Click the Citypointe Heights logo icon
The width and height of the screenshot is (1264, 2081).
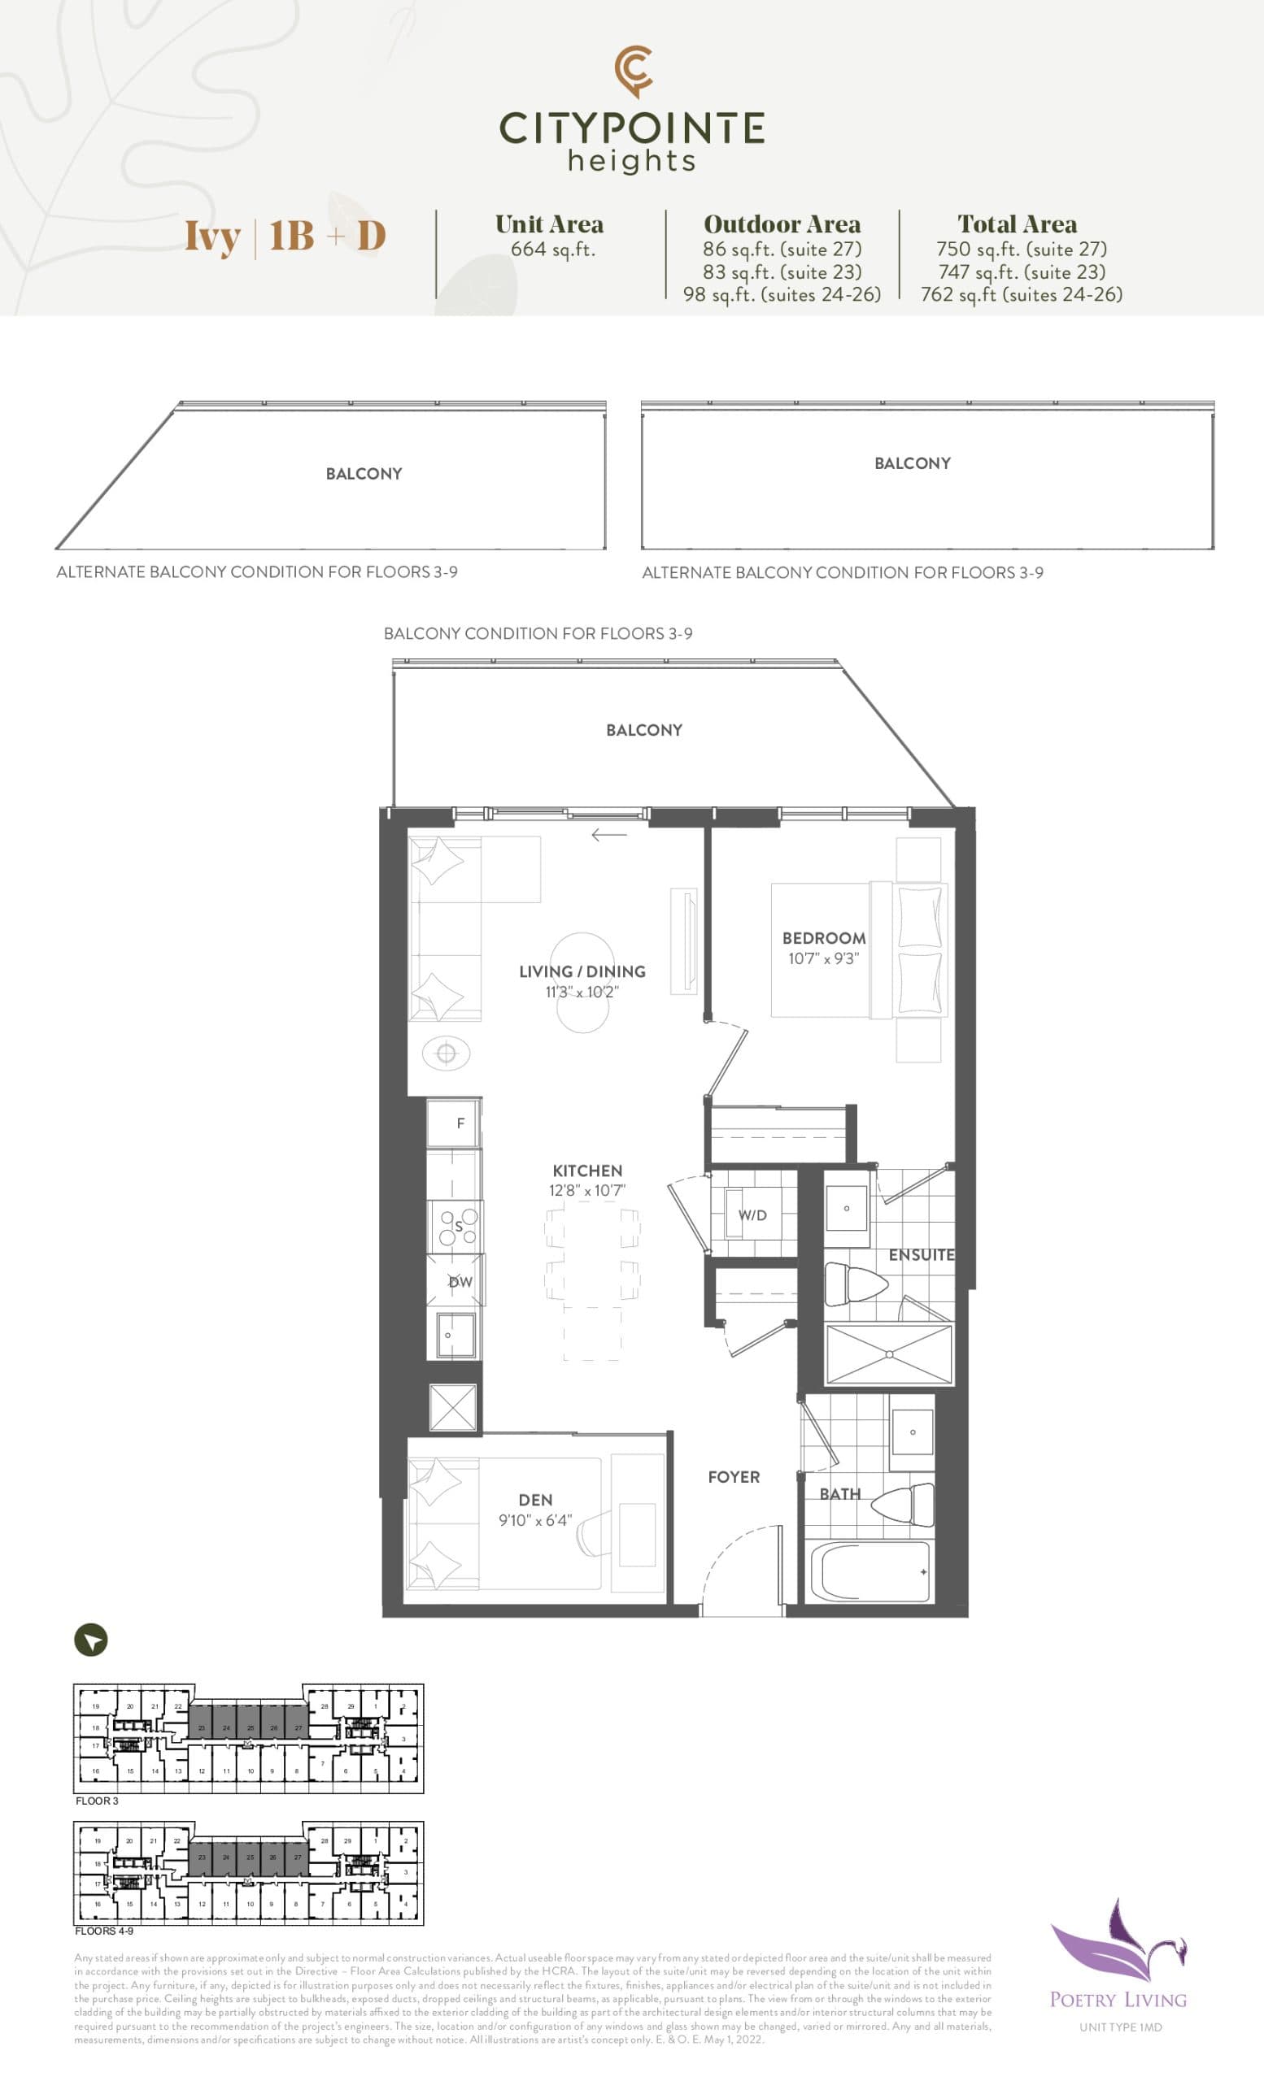[x=633, y=71]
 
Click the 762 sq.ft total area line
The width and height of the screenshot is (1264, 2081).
[x=1021, y=295]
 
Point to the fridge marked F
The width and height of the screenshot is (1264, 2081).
[x=455, y=1123]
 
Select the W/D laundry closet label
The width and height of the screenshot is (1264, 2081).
[x=752, y=1215]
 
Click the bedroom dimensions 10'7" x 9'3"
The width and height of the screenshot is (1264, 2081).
[x=823, y=958]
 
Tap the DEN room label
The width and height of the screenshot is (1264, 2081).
[x=536, y=1500]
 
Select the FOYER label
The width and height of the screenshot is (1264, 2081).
[x=734, y=1477]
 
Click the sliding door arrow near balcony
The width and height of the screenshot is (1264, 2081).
[x=609, y=836]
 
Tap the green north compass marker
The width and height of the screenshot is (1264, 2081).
[x=91, y=1640]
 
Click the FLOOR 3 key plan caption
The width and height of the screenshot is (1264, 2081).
[x=97, y=1801]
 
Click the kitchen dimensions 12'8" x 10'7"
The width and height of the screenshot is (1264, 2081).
[x=586, y=1191]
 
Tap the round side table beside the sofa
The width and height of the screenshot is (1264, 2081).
[x=446, y=1054]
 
